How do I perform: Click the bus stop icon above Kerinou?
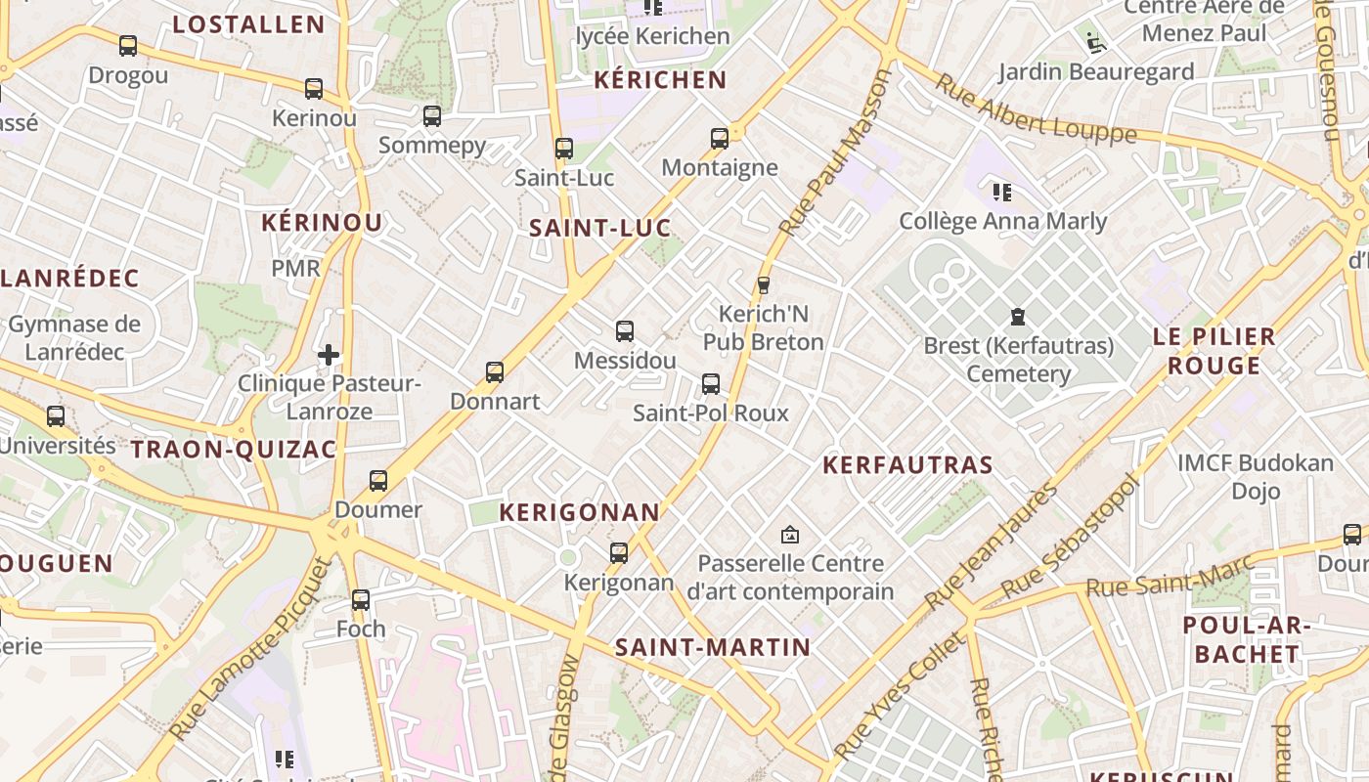point(313,89)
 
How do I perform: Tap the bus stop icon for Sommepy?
point(431,116)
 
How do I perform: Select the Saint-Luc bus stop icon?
point(563,149)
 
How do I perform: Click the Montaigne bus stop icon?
point(720,139)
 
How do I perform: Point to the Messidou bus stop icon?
point(625,331)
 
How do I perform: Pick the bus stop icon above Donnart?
point(495,372)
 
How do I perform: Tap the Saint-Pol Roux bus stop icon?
point(711,384)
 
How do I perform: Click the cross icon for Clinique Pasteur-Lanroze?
point(329,354)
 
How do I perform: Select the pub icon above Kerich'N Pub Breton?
point(764,285)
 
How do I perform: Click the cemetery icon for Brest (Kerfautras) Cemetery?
point(1018,317)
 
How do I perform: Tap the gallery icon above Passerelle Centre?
point(790,535)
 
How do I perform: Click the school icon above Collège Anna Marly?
point(1002,192)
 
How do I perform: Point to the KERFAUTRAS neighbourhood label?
point(907,465)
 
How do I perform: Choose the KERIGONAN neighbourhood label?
point(580,512)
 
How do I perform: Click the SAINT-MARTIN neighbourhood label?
point(713,647)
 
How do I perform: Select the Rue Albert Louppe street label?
point(1035,108)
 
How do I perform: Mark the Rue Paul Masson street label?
point(835,153)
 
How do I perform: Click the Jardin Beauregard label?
point(1095,71)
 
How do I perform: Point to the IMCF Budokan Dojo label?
point(1256,476)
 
